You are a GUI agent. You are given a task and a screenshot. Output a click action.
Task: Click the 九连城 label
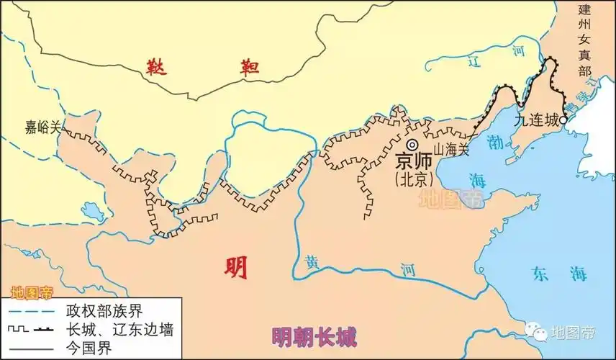click(536, 121)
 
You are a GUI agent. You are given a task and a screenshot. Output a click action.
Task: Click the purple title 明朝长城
click(314, 336)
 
